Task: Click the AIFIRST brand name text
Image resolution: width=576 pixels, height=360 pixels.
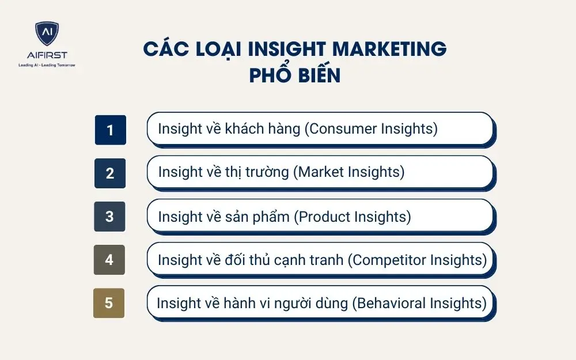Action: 47,55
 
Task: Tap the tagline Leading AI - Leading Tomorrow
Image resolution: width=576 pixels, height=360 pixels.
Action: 47,65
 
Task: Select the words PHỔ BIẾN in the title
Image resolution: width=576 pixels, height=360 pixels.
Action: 294,75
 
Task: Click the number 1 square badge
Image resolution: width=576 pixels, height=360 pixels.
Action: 110,130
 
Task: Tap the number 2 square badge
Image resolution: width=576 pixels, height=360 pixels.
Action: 110,173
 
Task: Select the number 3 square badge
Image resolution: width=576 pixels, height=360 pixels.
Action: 109,217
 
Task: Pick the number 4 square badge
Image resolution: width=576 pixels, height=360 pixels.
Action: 109,260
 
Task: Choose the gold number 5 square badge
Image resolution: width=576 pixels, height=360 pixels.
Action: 109,303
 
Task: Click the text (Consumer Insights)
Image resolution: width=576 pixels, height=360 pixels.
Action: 371,128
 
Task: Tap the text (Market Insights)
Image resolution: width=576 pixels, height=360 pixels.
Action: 349,172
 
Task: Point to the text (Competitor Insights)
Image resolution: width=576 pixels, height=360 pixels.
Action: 417,260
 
